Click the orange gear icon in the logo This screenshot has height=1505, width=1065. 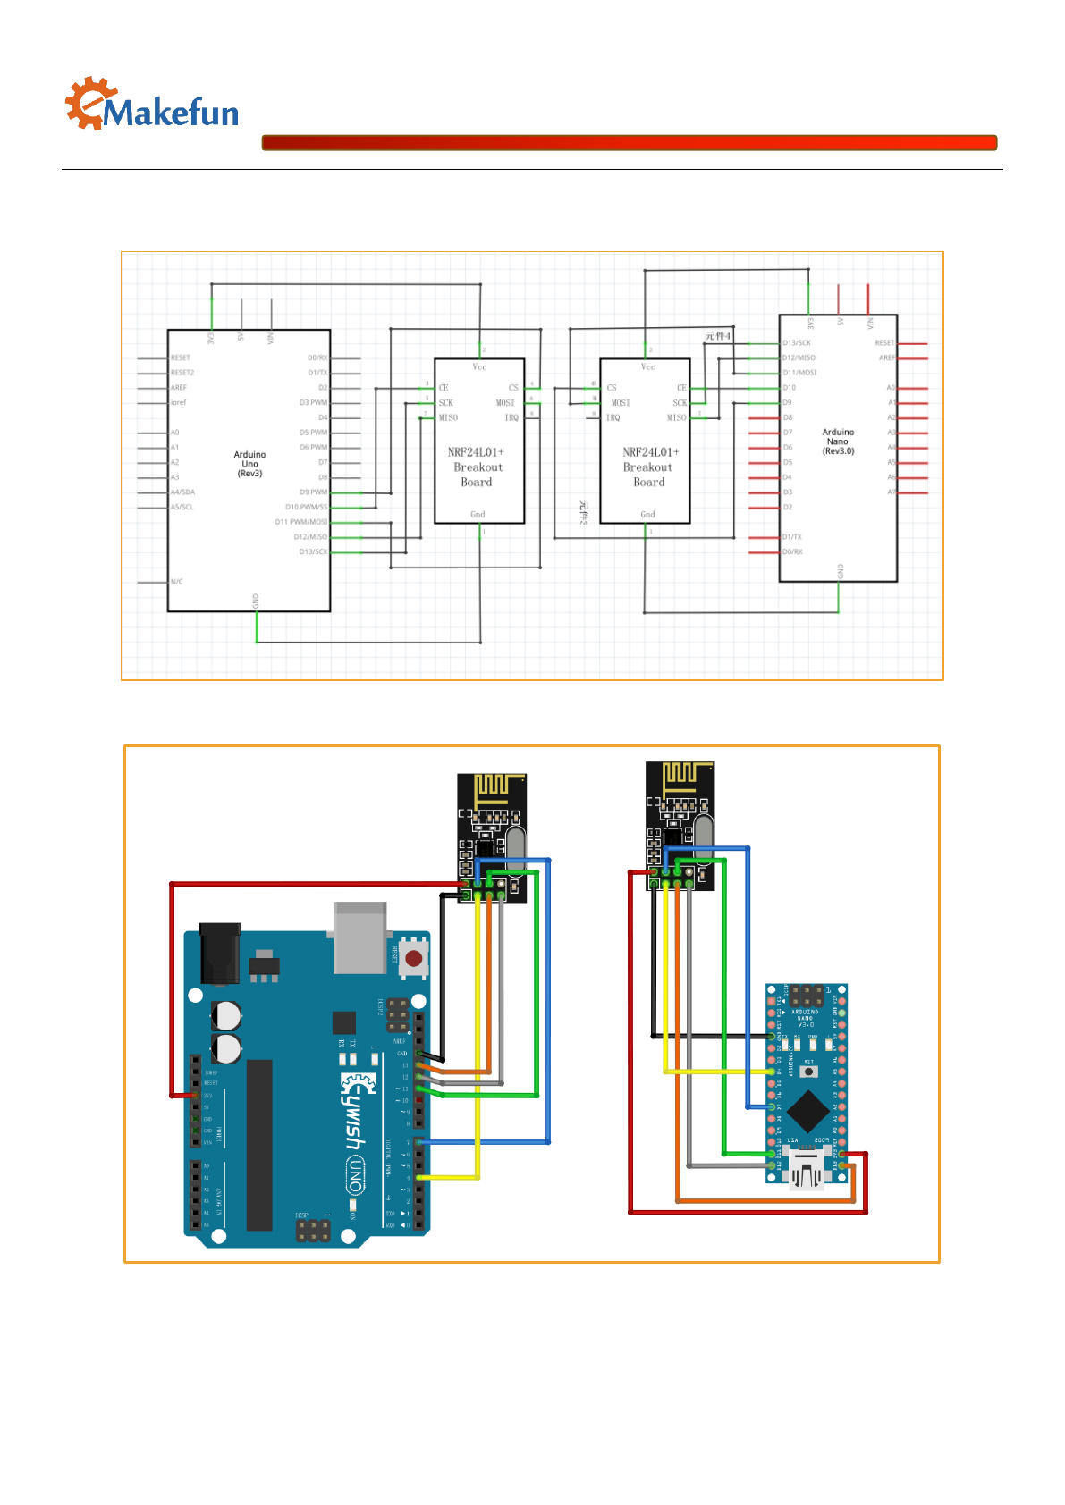[89, 103]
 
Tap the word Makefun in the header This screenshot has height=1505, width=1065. [171, 113]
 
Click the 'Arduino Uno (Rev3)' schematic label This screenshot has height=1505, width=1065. [249, 464]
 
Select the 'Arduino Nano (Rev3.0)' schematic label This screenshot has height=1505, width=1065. [838, 441]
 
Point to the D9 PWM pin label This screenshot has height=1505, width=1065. [313, 492]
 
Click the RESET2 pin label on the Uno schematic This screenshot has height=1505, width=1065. [182, 373]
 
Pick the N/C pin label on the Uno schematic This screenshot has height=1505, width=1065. [177, 582]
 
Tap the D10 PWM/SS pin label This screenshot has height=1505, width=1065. [306, 507]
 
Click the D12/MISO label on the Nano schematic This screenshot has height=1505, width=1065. [799, 357]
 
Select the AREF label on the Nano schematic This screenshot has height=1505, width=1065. [886, 357]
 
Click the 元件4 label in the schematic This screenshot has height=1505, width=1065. [717, 336]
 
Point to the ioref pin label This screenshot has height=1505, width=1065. [179, 402]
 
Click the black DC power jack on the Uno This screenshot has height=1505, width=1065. [219, 953]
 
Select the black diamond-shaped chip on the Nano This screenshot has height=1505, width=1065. [808, 1112]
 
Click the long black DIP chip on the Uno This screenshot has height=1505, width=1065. [259, 1144]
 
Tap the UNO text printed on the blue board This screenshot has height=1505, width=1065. [355, 1174]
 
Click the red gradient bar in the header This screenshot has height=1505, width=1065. [629, 143]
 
